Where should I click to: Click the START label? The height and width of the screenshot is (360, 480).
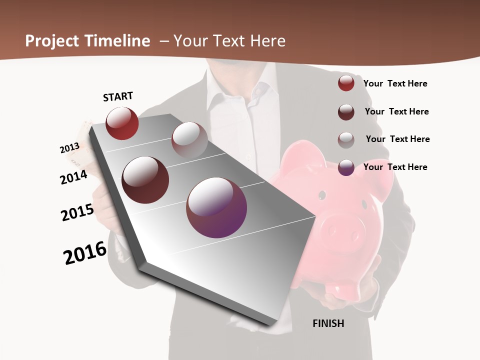[x=118, y=96]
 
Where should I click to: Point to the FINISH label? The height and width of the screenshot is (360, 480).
[x=328, y=323]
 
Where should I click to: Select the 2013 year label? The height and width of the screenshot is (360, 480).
[x=70, y=148]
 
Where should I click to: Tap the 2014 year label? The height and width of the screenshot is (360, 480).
[x=74, y=177]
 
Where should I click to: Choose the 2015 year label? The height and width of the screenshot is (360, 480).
[x=77, y=212]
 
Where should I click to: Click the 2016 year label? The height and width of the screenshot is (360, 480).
[x=85, y=253]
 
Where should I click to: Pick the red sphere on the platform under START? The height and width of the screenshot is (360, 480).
[x=122, y=123]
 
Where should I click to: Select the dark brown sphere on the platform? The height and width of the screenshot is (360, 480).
[x=145, y=180]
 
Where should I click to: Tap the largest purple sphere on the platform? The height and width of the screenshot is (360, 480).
[x=216, y=207]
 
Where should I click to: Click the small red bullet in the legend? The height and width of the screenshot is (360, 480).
[x=346, y=83]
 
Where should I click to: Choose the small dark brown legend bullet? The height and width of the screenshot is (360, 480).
[x=346, y=111]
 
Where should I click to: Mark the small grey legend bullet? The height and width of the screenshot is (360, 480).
[x=346, y=139]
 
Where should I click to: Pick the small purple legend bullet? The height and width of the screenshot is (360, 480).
[x=346, y=167]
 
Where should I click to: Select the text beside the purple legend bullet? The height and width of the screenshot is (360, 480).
[x=395, y=167]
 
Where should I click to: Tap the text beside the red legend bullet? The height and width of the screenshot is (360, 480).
[x=395, y=83]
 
